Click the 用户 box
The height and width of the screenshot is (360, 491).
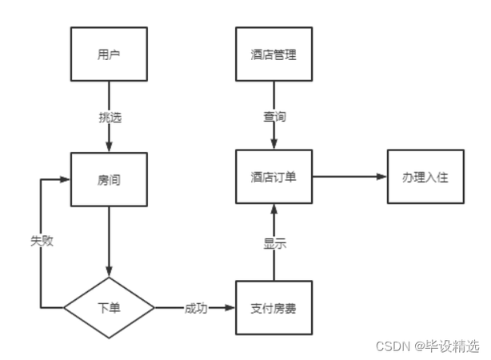(109, 55)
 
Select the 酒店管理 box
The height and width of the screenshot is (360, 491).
(273, 55)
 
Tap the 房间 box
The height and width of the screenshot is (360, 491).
(109, 179)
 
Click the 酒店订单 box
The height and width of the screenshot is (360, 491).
(273, 177)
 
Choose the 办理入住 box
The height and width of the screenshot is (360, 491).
(425, 177)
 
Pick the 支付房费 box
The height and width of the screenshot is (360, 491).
(273, 308)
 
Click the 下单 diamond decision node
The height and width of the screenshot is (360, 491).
(109, 308)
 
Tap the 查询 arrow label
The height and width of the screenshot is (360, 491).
(273, 117)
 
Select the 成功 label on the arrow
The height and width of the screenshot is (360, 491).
(196, 308)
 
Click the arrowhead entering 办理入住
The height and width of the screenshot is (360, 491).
(381, 177)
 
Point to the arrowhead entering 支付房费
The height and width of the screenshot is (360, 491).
(230, 308)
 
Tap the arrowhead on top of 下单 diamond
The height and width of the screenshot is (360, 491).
(109, 273)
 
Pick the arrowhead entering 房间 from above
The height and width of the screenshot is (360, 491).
(109, 147)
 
